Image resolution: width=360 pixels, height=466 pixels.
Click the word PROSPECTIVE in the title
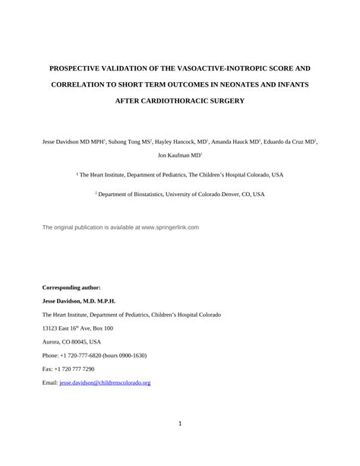[x=81, y=67]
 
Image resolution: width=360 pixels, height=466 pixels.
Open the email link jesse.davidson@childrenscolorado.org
[x=105, y=383]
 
